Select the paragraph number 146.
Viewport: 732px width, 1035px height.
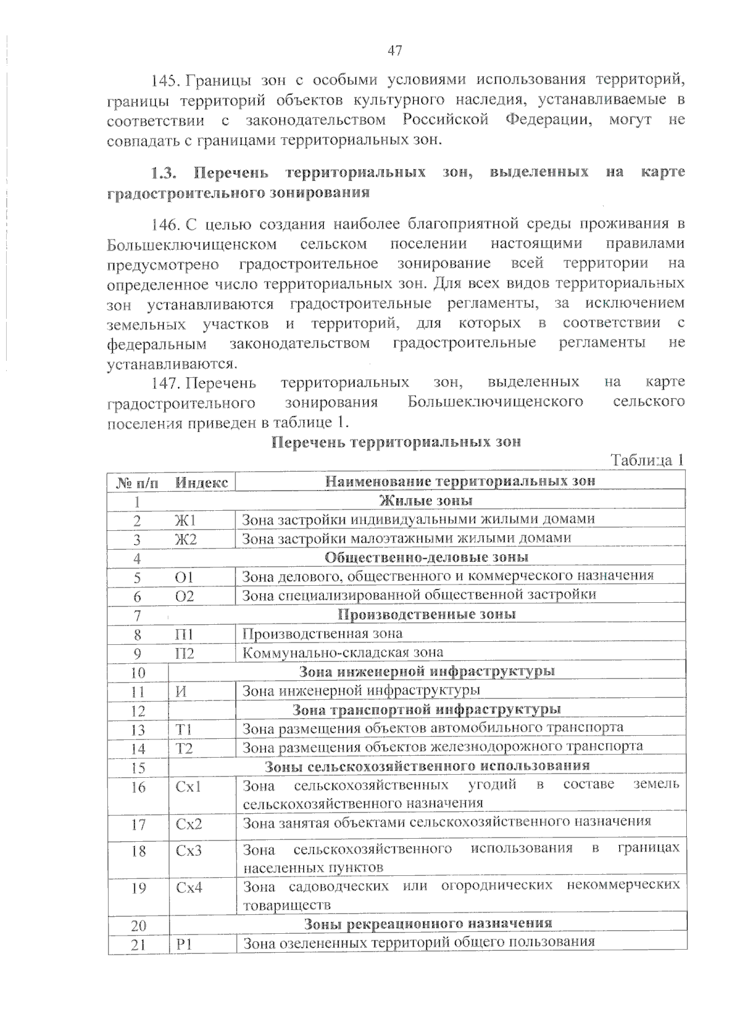pyautogui.click(x=164, y=225)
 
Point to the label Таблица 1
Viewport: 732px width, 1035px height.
pyautogui.click(x=647, y=460)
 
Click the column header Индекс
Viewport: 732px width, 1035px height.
pyautogui.click(x=201, y=483)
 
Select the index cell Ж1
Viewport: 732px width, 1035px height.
pyautogui.click(x=185, y=520)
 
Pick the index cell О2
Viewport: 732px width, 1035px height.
pyautogui.click(x=184, y=596)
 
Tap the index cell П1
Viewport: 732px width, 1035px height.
pyautogui.click(x=184, y=634)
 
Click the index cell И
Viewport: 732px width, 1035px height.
pyautogui.click(x=181, y=691)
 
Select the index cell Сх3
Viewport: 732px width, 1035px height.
pyautogui.click(x=188, y=850)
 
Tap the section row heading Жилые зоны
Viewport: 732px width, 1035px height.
pyautogui.click(x=426, y=501)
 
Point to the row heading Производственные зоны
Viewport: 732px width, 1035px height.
pyautogui.click(x=426, y=614)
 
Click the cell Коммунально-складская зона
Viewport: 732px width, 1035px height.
pyautogui.click(x=343, y=653)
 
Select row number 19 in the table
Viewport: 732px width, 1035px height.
pyautogui.click(x=138, y=888)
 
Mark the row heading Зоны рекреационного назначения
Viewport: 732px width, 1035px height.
pyautogui.click(x=428, y=923)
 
